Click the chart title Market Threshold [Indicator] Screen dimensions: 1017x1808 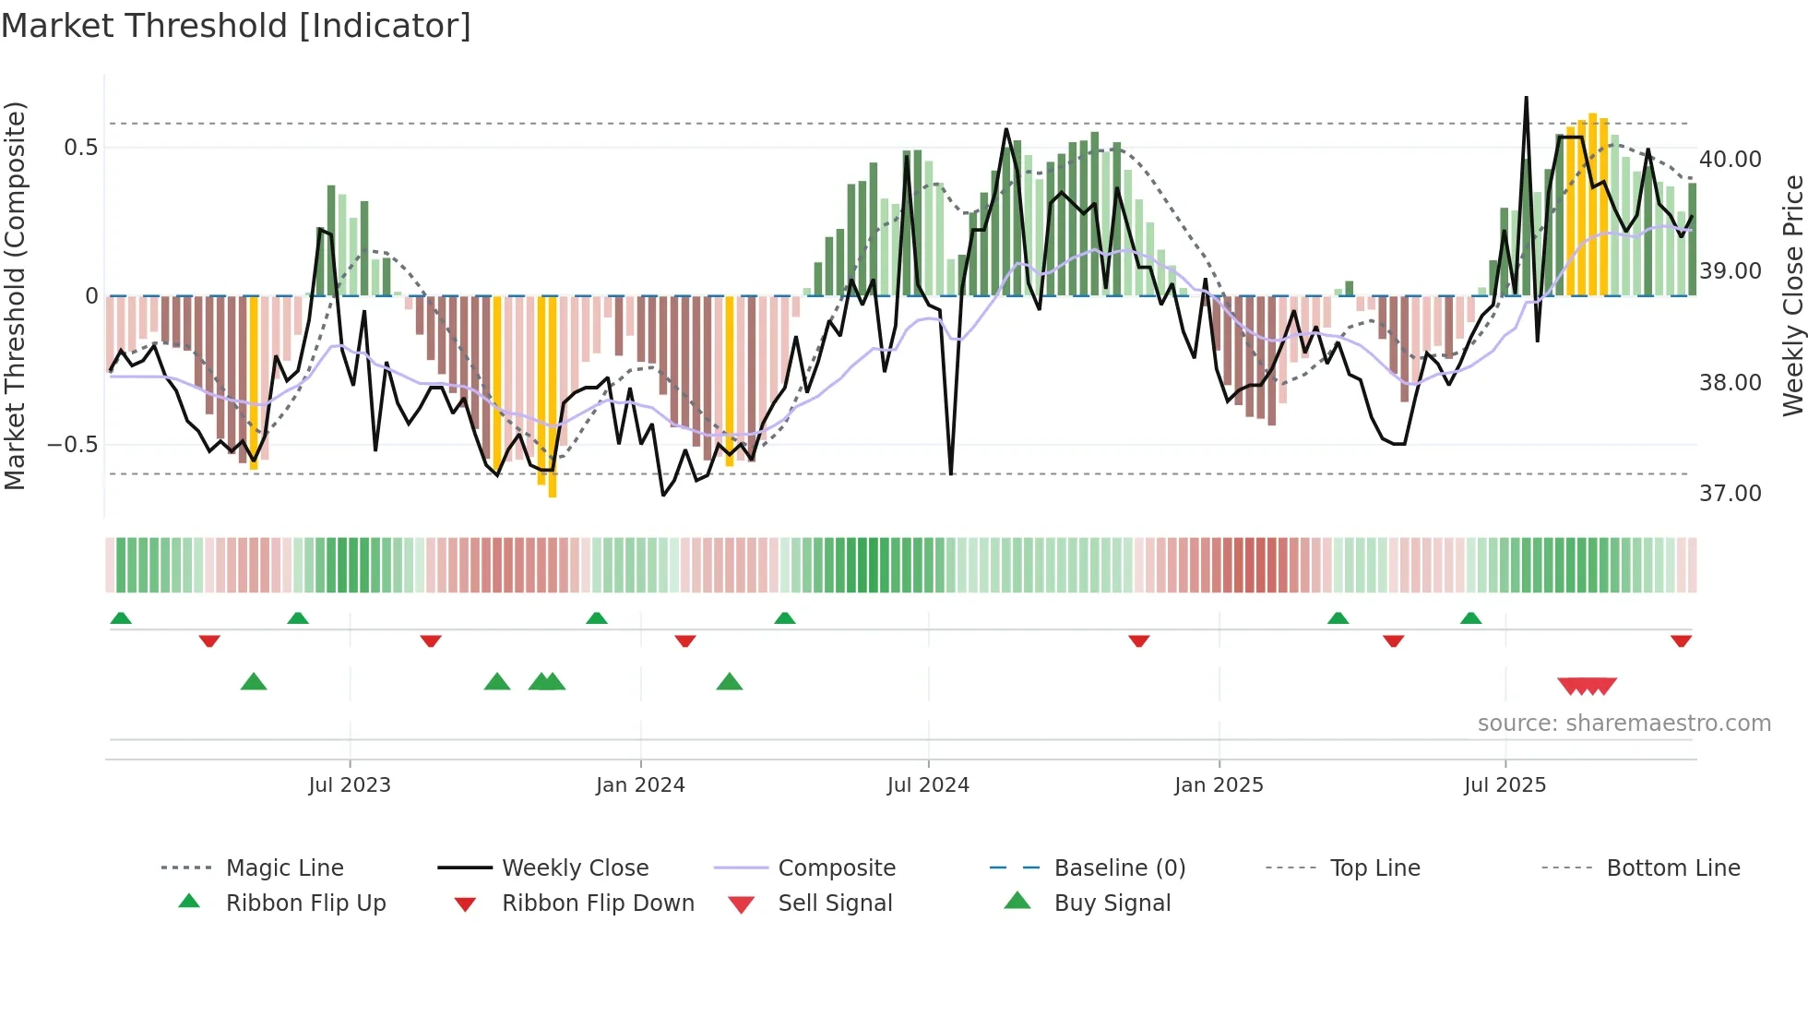[236, 26]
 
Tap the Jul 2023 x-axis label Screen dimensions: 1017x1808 [350, 785]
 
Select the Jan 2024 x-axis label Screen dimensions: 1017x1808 [640, 785]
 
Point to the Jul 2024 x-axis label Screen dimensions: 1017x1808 [928, 785]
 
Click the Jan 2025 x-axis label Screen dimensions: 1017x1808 [1219, 785]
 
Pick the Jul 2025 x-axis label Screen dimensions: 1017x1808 [1505, 785]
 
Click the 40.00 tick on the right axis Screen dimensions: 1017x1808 [1731, 159]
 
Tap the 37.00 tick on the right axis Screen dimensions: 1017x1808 [1731, 494]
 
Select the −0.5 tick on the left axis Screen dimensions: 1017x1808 [73, 445]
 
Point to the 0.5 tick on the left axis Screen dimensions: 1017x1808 [80, 148]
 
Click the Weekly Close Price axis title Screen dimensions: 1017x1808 [1792, 295]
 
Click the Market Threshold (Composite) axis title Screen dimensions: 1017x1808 [15, 295]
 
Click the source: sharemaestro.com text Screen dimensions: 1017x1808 [1624, 724]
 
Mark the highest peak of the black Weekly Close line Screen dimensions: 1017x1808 [1526, 97]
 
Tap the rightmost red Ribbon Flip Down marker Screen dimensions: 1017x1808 [1681, 640]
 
